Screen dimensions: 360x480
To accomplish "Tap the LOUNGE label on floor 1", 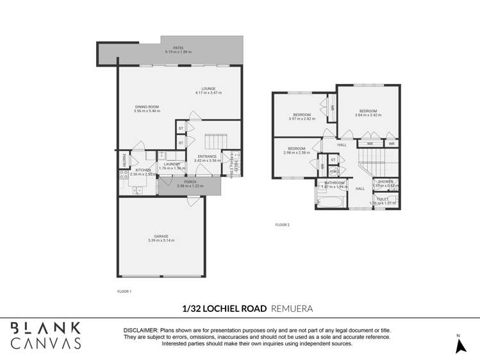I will pos(208,89).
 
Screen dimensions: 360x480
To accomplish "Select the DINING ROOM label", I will pos(146,107).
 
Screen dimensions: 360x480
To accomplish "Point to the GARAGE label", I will pos(161,236).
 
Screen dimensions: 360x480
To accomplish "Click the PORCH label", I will pos(190,182).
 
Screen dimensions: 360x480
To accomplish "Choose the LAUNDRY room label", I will pos(172,165).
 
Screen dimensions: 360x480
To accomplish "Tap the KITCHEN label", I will pos(142,170).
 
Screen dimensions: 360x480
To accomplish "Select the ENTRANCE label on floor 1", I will pos(207,156).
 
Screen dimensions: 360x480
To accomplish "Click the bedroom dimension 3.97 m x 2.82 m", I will pos(302,119).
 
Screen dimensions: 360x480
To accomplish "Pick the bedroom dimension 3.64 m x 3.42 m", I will pos(368,115).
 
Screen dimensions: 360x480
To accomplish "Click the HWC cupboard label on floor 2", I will pos(333,171).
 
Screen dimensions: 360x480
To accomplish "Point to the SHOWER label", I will pos(385,181).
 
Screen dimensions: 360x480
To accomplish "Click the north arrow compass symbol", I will pos(459,345).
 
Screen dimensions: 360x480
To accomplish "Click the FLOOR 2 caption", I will pos(283,225).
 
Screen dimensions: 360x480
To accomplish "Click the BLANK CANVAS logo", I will pos(46,335).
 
